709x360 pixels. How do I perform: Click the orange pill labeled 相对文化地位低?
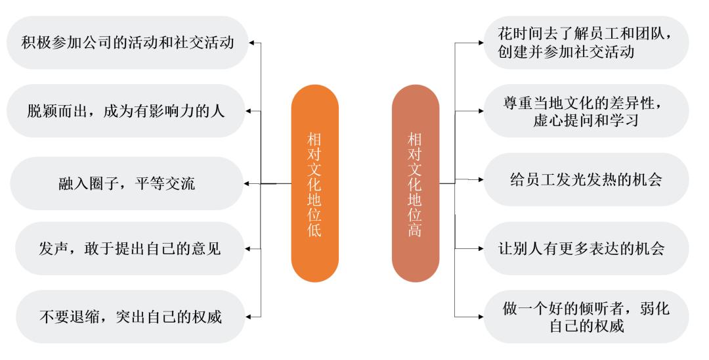click(x=314, y=184)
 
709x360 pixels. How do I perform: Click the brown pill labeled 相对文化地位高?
click(x=416, y=184)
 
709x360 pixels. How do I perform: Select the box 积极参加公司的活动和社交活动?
click(x=127, y=43)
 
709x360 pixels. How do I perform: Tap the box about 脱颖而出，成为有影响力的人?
click(x=126, y=111)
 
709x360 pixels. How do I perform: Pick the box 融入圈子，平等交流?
click(x=127, y=183)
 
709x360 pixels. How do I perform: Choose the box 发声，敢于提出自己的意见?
click(x=130, y=248)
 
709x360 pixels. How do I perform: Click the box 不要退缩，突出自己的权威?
click(x=130, y=317)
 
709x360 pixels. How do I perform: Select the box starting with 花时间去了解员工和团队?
click(x=586, y=43)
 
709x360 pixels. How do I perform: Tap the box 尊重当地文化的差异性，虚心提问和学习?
click(x=586, y=111)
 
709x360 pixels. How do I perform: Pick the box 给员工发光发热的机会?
click(x=586, y=179)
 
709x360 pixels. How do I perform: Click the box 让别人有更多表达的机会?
click(x=586, y=248)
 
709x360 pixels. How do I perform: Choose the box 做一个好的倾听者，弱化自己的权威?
click(x=586, y=317)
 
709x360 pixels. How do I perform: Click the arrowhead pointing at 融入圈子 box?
click(x=246, y=184)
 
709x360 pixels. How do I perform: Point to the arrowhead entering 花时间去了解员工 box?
click(x=481, y=43)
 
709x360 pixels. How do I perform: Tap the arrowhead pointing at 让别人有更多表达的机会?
click(x=481, y=248)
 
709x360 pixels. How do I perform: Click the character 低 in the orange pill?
click(x=314, y=229)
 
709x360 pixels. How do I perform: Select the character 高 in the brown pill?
click(x=415, y=229)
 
